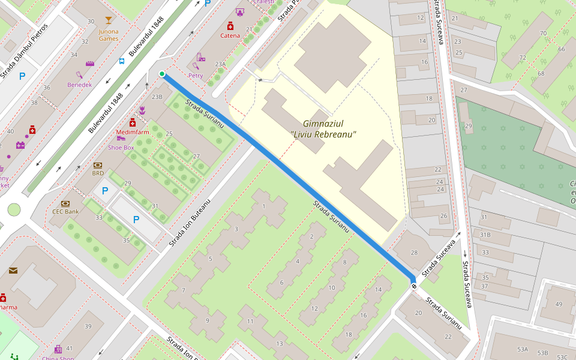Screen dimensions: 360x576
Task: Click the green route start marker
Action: click(162, 74)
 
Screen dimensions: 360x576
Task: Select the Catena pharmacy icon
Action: click(230, 26)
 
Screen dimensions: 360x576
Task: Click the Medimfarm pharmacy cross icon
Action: click(133, 122)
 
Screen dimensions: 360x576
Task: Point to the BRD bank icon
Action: click(98, 165)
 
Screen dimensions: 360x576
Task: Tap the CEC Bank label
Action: click(65, 211)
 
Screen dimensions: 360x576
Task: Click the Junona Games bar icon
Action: click(108, 21)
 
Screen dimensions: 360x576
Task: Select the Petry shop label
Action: click(196, 76)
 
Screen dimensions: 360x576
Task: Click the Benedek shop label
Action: click(80, 85)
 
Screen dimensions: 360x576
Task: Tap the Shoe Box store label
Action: click(121, 147)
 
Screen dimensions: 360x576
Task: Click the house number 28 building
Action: click(414, 253)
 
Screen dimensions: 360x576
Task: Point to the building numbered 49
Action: click(559, 304)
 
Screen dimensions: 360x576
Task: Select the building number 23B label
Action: click(157, 96)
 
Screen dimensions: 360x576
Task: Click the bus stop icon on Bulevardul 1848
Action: click(122, 61)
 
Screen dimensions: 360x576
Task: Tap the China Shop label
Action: click(58, 358)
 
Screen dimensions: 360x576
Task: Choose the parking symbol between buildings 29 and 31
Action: click(105, 191)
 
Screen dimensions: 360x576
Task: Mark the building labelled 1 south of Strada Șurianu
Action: click(264, 206)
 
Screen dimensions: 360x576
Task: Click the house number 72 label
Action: click(523, 58)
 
